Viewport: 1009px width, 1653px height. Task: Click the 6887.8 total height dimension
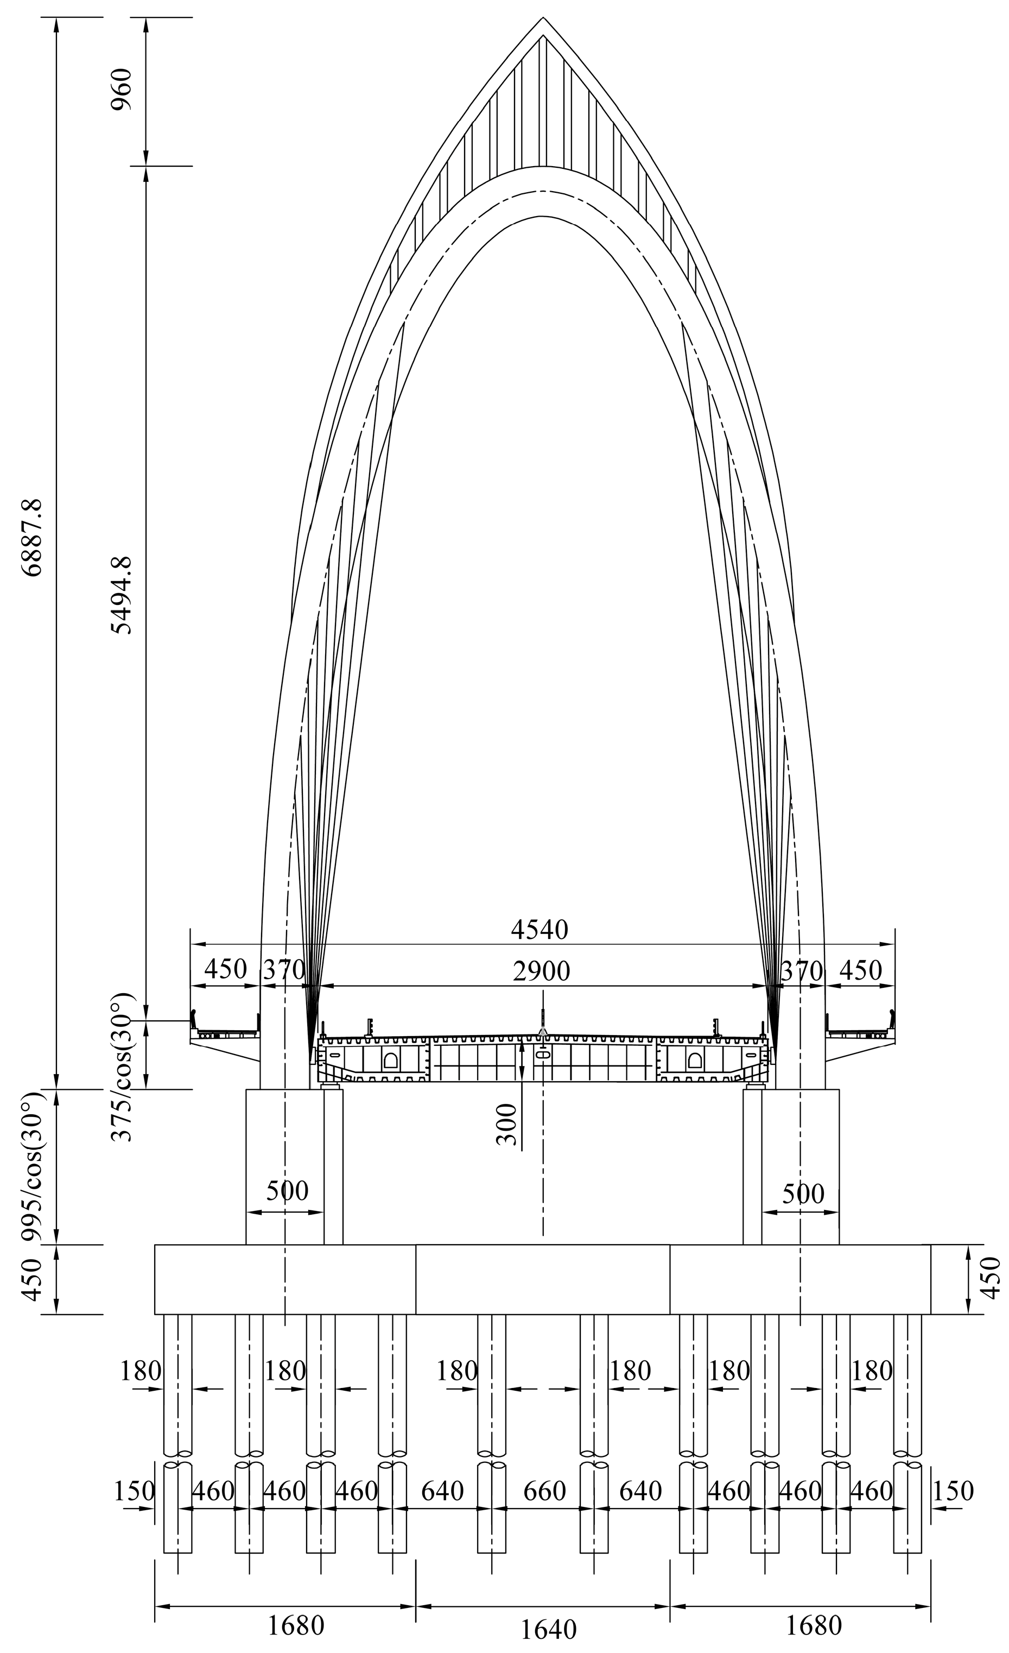point(32,538)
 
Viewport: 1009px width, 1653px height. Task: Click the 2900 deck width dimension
point(541,971)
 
